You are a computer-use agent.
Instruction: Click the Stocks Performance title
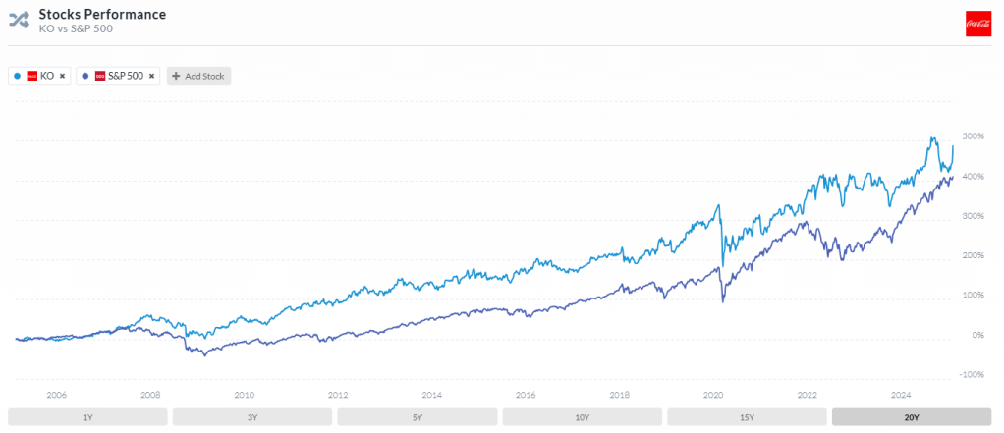tap(102, 15)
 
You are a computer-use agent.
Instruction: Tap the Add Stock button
tap(198, 76)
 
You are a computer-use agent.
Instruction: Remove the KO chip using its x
tap(62, 76)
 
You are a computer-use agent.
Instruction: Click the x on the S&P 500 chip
tap(151, 76)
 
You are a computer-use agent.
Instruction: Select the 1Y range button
tap(87, 417)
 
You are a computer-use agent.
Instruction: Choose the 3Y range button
tap(252, 417)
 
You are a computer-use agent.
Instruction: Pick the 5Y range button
tap(418, 417)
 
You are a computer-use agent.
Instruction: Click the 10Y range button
tap(582, 417)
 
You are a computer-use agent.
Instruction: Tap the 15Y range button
tap(747, 417)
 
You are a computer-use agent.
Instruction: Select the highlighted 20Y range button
tap(911, 417)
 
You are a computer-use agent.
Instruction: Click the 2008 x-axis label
tap(150, 395)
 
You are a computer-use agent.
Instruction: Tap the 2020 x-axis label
tap(713, 395)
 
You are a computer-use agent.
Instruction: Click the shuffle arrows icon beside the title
tap(20, 21)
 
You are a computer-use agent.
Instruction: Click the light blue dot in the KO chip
tap(17, 76)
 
